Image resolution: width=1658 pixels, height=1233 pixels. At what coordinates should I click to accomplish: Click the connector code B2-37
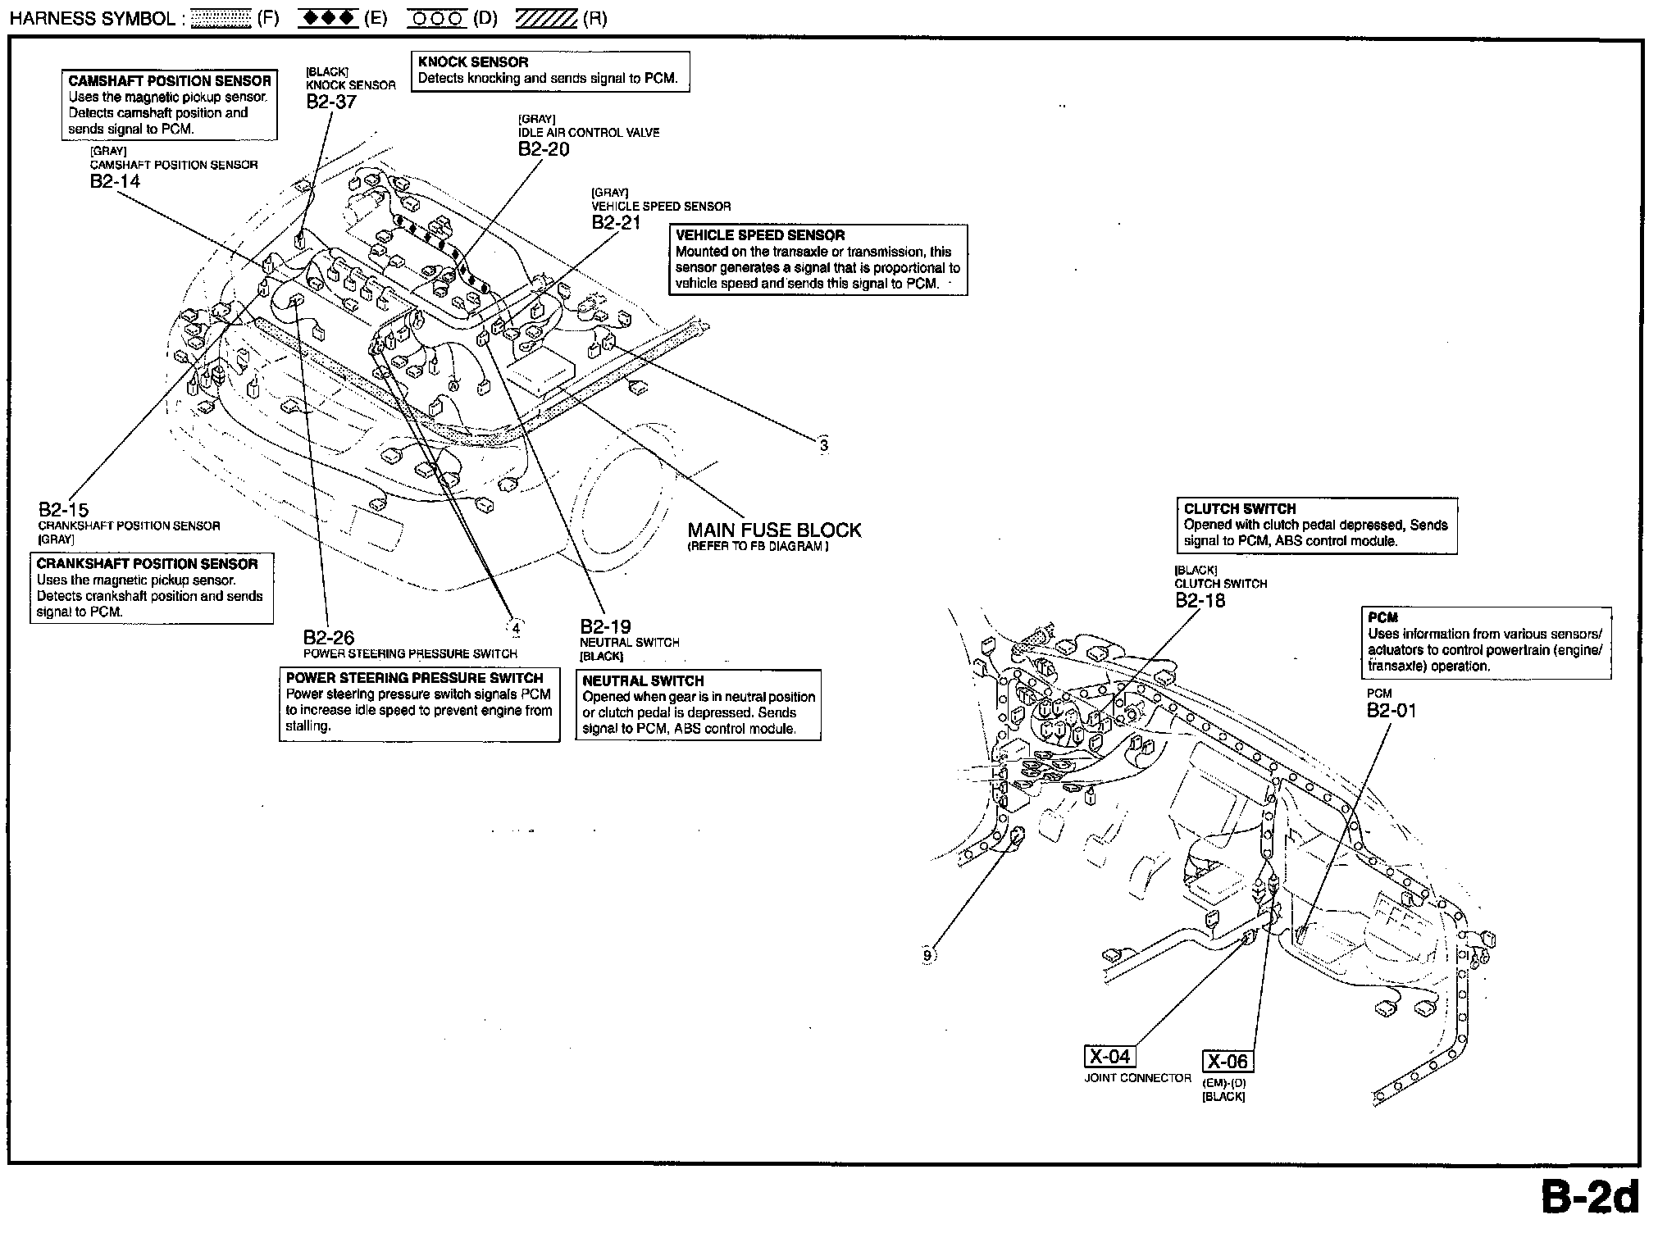pyautogui.click(x=331, y=102)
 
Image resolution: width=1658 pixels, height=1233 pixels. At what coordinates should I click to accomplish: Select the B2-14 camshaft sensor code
pyautogui.click(x=115, y=181)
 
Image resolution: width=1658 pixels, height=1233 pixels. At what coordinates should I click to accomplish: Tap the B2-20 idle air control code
pyautogui.click(x=543, y=149)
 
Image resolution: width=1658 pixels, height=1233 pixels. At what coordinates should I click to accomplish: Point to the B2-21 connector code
pyautogui.click(x=616, y=223)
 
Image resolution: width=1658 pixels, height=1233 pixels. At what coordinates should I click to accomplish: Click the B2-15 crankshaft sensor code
pyautogui.click(x=63, y=510)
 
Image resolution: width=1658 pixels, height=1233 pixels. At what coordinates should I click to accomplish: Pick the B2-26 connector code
pyautogui.click(x=328, y=638)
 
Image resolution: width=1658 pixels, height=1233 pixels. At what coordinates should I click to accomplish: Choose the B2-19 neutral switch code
pyautogui.click(x=605, y=627)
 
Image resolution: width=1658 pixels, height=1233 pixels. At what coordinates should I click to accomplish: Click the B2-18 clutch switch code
pyautogui.click(x=1200, y=600)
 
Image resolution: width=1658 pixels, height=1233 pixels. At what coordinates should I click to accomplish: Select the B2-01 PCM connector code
pyautogui.click(x=1391, y=710)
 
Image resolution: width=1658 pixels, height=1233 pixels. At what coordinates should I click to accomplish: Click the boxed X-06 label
pyautogui.click(x=1228, y=1062)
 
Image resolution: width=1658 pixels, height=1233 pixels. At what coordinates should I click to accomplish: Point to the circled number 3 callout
pyautogui.click(x=823, y=446)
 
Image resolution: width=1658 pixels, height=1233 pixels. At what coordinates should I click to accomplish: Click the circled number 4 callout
pyautogui.click(x=515, y=629)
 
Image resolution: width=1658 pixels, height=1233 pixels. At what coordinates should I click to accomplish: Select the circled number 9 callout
pyautogui.click(x=927, y=955)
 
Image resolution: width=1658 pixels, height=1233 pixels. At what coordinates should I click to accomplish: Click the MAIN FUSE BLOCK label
pyautogui.click(x=774, y=530)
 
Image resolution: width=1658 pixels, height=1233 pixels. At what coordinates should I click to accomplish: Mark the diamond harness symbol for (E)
pyautogui.click(x=328, y=18)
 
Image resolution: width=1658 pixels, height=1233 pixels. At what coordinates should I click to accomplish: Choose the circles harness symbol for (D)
pyautogui.click(x=436, y=18)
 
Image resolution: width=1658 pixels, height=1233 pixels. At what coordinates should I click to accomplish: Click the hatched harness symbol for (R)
pyautogui.click(x=546, y=18)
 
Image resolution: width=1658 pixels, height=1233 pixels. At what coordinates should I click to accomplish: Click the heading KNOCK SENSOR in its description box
pyautogui.click(x=472, y=62)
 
